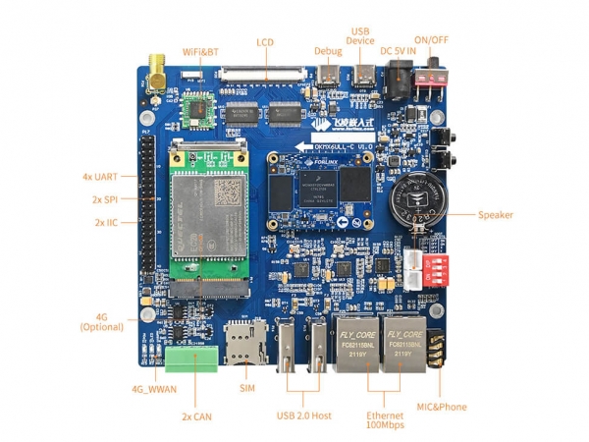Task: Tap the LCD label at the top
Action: (x=265, y=42)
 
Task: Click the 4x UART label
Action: (x=99, y=177)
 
